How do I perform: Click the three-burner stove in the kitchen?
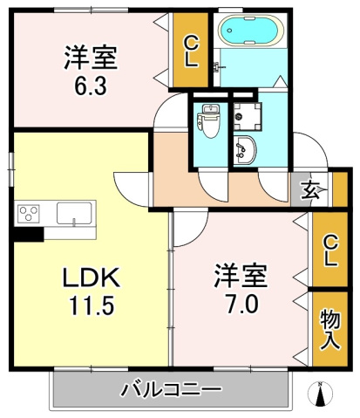[27, 212]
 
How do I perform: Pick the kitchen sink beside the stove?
[71, 212]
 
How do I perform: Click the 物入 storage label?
[328, 328]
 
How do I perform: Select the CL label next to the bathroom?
[190, 51]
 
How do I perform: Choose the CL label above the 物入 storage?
[329, 250]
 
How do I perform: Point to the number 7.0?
[241, 306]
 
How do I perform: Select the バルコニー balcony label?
[170, 387]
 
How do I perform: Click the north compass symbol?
[321, 395]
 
